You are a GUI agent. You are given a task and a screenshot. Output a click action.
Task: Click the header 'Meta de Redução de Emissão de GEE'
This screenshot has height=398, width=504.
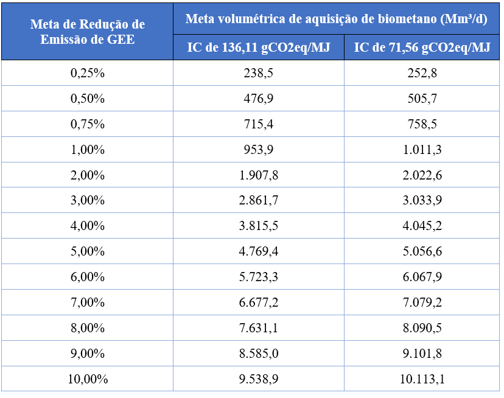(x=87, y=32)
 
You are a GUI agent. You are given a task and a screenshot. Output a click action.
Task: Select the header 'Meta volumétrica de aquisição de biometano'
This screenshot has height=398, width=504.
(x=337, y=19)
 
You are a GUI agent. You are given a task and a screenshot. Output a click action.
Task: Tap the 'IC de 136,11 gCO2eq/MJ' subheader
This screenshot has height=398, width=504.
(x=259, y=48)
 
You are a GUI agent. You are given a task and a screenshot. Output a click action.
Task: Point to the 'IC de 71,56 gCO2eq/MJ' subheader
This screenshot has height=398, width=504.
(x=422, y=48)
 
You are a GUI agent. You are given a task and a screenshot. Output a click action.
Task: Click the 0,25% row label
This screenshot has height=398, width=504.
(x=88, y=73)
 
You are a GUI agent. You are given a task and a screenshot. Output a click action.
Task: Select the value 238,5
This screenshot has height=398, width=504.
(x=259, y=73)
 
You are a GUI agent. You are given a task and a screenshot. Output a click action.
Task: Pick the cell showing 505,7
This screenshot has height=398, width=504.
(x=422, y=99)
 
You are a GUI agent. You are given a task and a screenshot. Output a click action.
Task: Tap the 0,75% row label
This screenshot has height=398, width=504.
(x=88, y=124)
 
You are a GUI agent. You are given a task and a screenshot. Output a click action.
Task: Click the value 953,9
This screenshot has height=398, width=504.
(x=259, y=150)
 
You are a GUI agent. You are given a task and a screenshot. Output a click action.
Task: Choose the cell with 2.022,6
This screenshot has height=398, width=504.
(x=422, y=175)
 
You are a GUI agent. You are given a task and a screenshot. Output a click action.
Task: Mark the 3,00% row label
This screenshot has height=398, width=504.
(x=88, y=201)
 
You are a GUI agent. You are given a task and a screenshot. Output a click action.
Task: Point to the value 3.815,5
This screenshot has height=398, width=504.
(x=259, y=226)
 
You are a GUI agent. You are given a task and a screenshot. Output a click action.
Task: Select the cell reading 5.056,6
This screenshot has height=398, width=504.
(x=422, y=252)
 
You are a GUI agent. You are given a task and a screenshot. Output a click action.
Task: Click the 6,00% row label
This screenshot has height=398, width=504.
(x=88, y=278)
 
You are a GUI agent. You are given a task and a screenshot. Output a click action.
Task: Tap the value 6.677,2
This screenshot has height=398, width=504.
(x=259, y=303)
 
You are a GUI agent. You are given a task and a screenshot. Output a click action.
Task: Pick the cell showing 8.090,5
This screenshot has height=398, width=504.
(x=422, y=328)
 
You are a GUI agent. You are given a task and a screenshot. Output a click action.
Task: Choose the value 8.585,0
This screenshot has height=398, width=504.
(x=259, y=354)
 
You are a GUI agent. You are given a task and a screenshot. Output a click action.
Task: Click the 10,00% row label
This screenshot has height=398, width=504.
(x=88, y=379)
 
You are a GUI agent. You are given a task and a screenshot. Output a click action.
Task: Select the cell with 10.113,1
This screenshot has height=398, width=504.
(x=422, y=379)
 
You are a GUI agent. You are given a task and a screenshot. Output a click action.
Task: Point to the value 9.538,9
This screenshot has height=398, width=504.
(x=259, y=379)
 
